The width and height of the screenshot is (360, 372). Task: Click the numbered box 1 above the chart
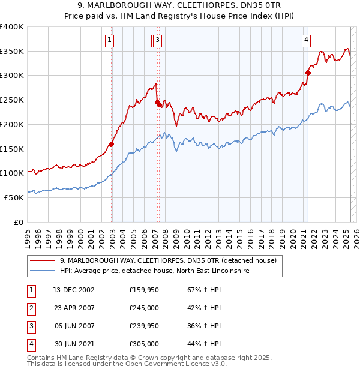[110, 40]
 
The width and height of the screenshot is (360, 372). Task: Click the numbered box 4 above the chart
[306, 40]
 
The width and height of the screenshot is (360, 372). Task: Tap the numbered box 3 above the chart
[158, 40]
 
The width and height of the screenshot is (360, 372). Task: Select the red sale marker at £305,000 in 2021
[308, 73]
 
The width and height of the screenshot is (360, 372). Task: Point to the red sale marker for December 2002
[112, 143]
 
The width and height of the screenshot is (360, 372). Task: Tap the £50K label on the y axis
[14, 197]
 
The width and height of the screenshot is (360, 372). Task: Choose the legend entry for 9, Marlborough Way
[168, 260]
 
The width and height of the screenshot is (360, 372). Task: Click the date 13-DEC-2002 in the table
[74, 290]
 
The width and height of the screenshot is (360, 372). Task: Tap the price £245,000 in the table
[144, 308]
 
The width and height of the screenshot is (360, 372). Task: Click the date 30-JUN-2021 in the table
[74, 344]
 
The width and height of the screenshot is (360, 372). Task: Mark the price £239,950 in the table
[144, 326]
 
